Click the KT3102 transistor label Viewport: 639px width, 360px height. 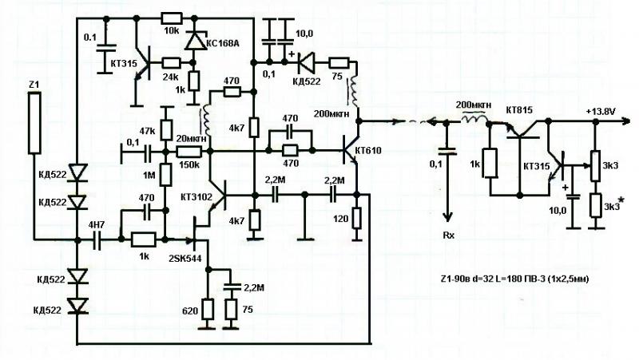pyautogui.click(x=194, y=196)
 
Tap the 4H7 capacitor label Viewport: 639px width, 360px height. pyautogui.click(x=97, y=226)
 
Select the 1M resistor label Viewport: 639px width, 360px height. pyautogui.click(x=148, y=176)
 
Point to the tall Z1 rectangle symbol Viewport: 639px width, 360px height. pyautogui.click(x=34, y=123)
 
